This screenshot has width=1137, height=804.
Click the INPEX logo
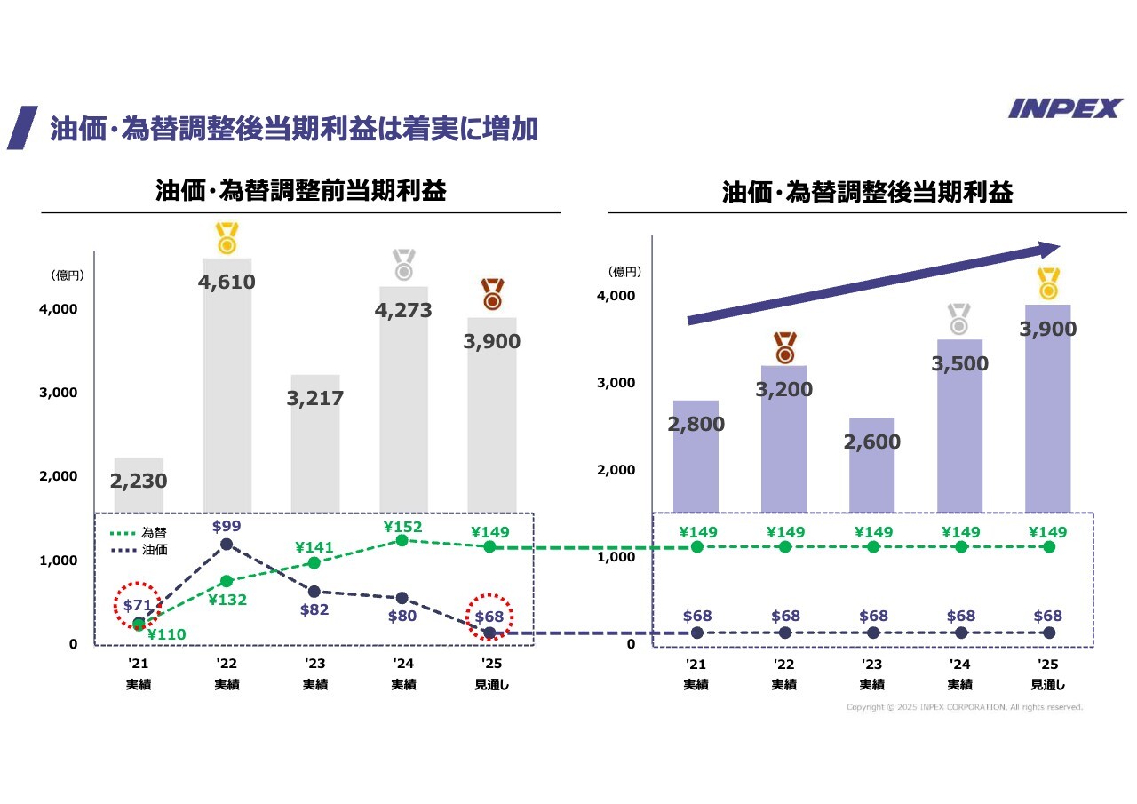pyautogui.click(x=1065, y=108)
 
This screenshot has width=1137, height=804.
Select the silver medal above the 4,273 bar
pyautogui.click(x=404, y=266)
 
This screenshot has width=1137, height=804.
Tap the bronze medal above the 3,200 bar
pyautogui.click(x=785, y=348)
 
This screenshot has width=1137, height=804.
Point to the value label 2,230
pyautogui.click(x=139, y=481)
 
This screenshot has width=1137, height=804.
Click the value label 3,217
pyautogui.click(x=314, y=399)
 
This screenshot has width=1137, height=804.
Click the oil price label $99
pyautogui.click(x=227, y=526)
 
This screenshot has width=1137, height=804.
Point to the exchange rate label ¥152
pyautogui.click(x=402, y=527)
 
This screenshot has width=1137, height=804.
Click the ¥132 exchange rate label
pyautogui.click(x=227, y=600)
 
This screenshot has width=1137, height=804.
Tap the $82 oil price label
pyautogui.click(x=314, y=609)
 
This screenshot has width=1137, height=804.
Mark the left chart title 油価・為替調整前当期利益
pyautogui.click(x=300, y=191)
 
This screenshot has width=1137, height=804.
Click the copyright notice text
pyautogui.click(x=964, y=707)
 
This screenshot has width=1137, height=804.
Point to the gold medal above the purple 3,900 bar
pyautogui.click(x=1048, y=283)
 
